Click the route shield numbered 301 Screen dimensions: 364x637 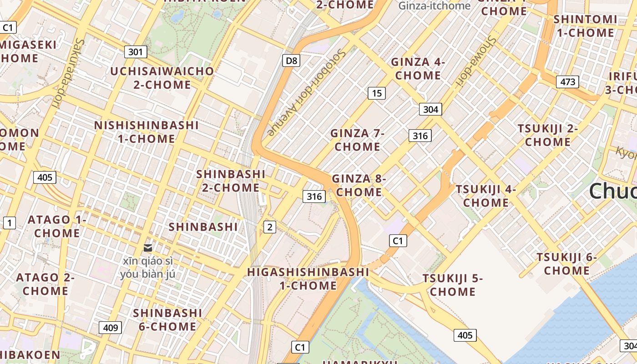136,52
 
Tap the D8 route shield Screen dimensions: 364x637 291,61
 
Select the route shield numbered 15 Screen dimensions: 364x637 377,93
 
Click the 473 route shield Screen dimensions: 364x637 567,82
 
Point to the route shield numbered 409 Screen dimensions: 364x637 110,327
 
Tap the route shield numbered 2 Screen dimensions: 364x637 270,227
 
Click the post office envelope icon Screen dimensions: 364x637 148,248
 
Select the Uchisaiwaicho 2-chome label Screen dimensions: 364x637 162,78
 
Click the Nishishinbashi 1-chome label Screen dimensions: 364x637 147,132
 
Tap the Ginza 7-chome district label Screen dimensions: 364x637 358,140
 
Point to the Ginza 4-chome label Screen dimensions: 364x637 418,69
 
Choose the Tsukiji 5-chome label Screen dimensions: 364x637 453,285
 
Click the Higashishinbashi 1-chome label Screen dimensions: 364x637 308,278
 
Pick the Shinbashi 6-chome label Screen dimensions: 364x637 167,319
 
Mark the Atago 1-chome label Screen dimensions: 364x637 57,226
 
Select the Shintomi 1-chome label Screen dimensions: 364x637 585,26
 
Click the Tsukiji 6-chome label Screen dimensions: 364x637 567,264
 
